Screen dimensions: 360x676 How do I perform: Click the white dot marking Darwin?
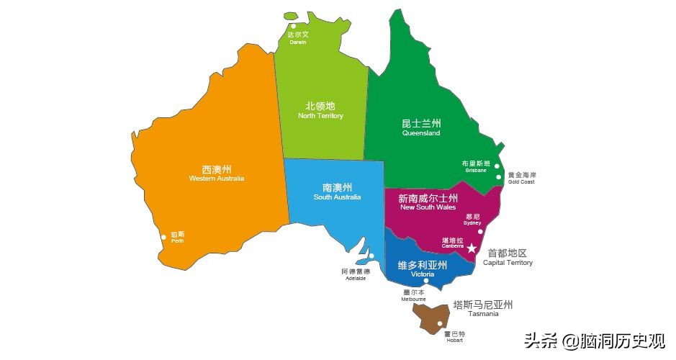[293, 26]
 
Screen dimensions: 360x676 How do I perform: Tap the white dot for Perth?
[163, 235]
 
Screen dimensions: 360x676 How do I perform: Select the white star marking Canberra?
[472, 248]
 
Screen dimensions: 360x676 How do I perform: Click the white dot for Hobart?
[440, 325]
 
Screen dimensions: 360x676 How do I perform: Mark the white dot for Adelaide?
[371, 256]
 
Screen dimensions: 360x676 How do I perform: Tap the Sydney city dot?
[480, 231]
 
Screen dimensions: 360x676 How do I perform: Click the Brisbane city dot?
[496, 166]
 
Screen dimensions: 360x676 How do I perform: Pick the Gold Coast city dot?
[498, 176]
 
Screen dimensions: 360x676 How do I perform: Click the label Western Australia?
[217, 178]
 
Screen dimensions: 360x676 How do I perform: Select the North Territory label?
[320, 116]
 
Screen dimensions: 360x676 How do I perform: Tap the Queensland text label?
[421, 133]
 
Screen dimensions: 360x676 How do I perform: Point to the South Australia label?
[337, 197]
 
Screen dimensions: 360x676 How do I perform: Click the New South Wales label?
[428, 207]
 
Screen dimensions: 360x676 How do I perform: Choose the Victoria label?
[423, 275]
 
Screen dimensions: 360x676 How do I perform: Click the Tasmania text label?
[482, 314]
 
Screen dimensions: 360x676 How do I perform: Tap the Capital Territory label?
[508, 263]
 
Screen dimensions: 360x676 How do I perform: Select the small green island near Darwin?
[292, 15]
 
